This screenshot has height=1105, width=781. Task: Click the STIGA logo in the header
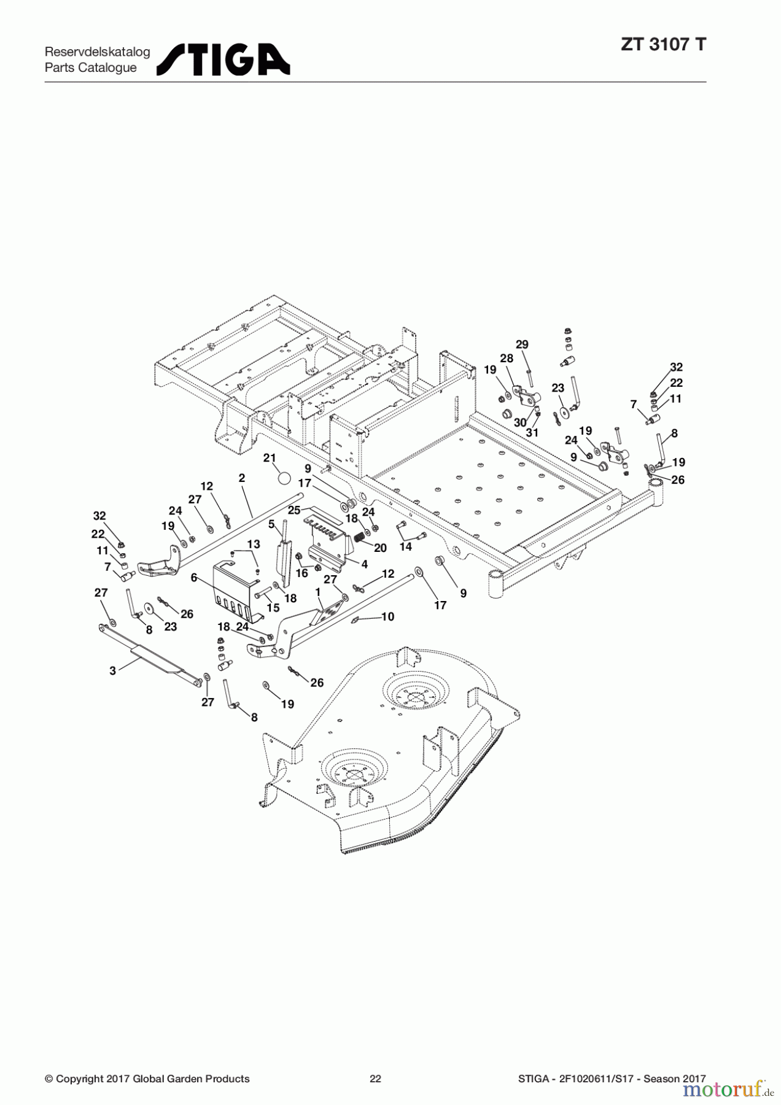point(223,60)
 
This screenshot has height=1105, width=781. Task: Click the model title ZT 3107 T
point(663,45)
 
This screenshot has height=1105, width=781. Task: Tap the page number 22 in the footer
point(375,1079)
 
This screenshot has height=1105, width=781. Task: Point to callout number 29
point(522,344)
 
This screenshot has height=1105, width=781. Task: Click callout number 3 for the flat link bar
point(112,671)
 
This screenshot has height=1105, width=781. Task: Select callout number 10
point(387,616)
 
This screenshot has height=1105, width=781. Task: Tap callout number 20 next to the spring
point(380,548)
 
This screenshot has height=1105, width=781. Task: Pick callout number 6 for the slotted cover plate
point(194,577)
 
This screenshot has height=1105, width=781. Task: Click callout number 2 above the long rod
point(241,478)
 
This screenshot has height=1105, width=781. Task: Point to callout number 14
point(406,546)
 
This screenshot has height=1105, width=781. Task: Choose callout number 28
point(507,359)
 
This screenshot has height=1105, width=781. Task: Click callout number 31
point(532,432)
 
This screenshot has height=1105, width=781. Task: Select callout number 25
point(294,510)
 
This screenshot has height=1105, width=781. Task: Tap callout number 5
point(271,524)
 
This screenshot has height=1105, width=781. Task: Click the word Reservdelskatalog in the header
point(97,52)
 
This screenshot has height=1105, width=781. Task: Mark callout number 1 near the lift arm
point(318,592)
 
